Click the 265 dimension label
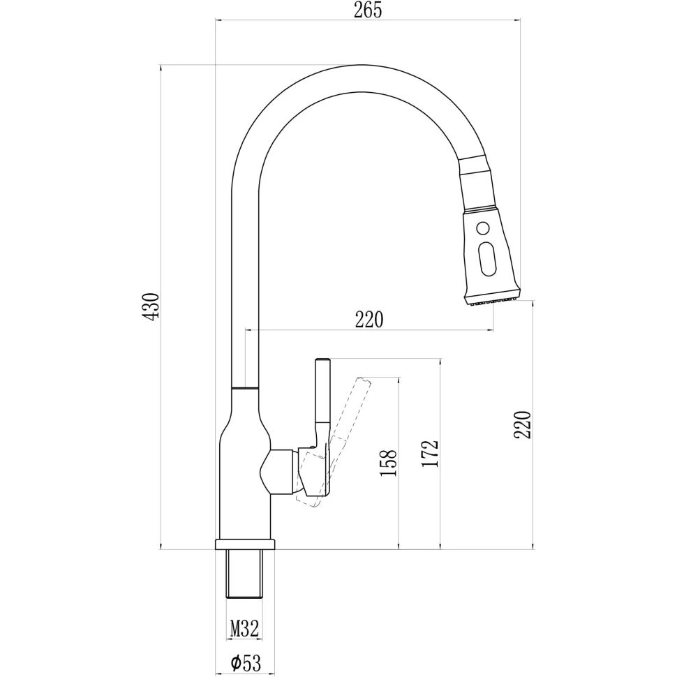(x=368, y=10)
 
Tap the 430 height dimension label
(x=151, y=306)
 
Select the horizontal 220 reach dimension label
(x=369, y=320)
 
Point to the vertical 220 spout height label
(x=523, y=425)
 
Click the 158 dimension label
(x=388, y=463)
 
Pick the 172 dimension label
(x=431, y=454)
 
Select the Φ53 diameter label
(x=246, y=663)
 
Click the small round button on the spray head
(x=483, y=227)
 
